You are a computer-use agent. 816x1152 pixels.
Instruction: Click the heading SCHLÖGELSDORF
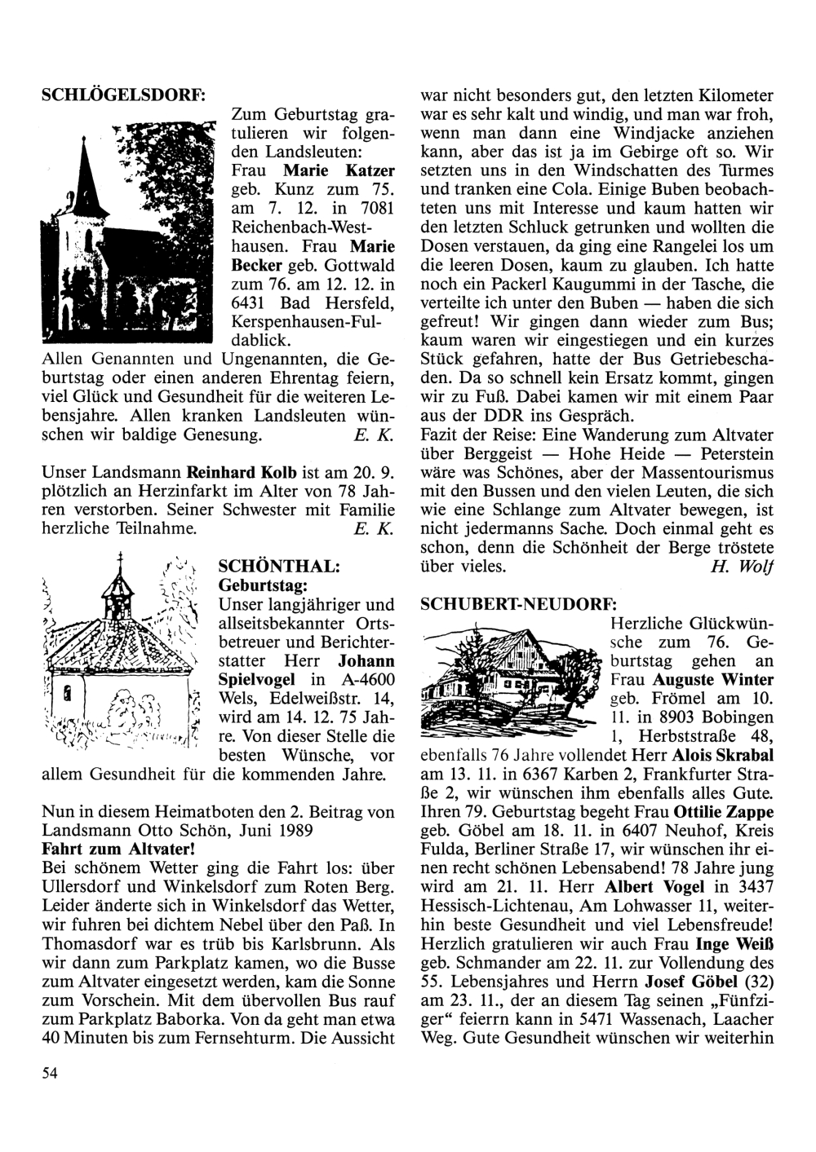122,94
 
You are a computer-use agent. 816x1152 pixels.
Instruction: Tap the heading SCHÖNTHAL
273,566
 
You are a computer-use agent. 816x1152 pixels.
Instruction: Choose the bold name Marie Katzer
339,171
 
